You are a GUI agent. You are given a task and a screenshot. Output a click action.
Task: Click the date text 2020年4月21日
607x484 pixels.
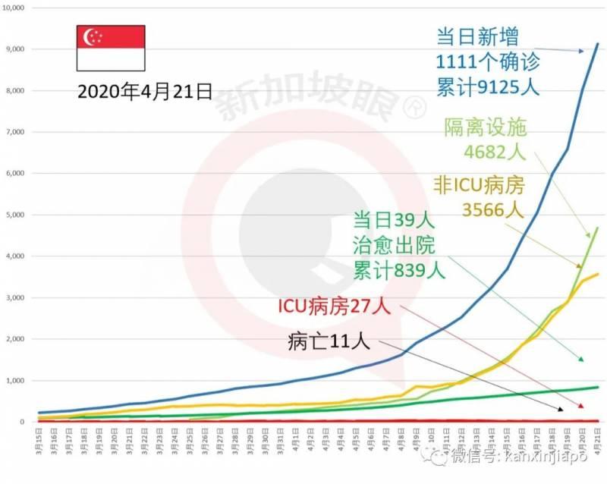144,93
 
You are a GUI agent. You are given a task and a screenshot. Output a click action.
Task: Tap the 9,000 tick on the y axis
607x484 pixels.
16,49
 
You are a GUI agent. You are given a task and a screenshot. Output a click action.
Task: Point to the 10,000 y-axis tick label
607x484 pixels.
14,8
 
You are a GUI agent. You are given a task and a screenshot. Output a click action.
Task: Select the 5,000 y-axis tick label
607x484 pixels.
16,215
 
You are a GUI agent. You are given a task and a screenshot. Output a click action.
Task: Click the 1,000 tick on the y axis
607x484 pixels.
16,380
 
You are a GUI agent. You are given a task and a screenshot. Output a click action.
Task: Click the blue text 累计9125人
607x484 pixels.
487,86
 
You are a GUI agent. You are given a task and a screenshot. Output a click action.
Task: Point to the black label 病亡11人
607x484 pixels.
329,341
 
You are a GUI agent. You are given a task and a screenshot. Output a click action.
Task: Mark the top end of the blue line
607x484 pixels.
597,44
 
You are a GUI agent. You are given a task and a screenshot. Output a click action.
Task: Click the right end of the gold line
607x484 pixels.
597,274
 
